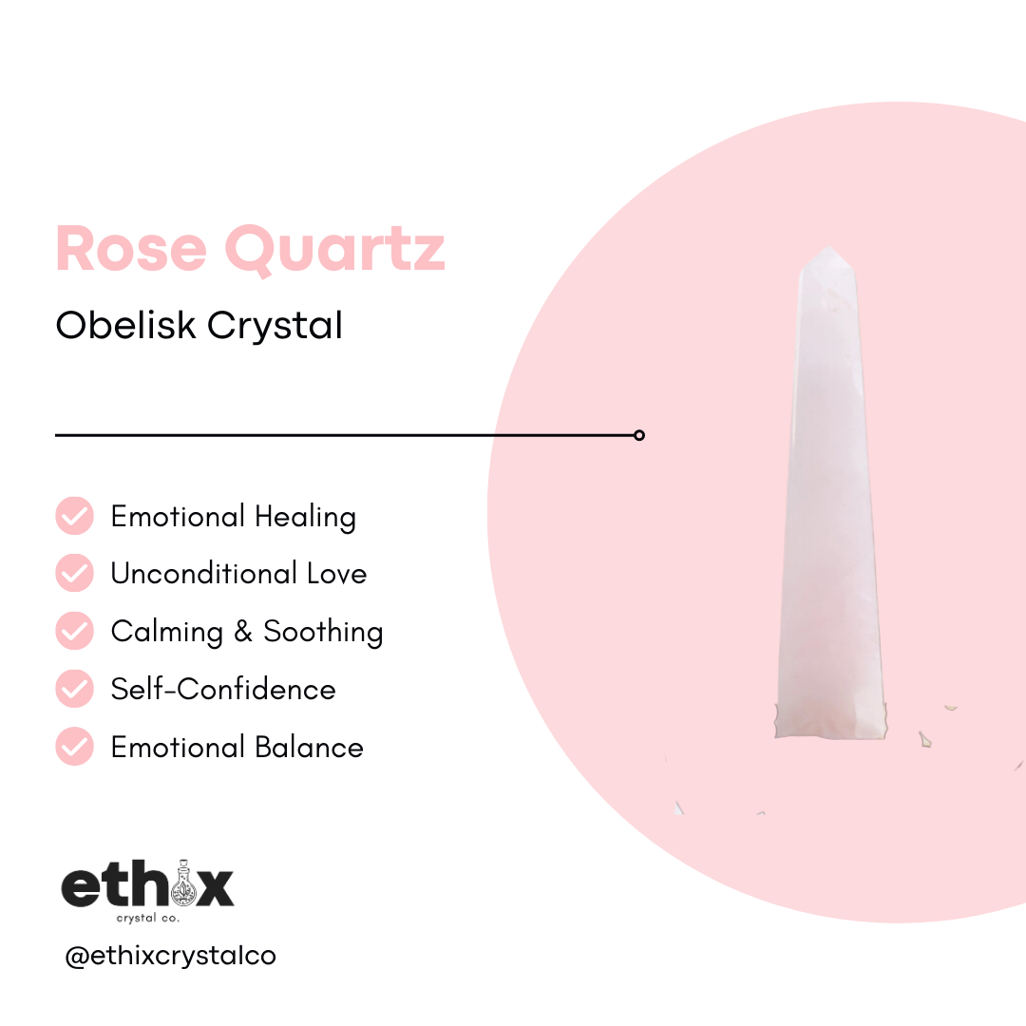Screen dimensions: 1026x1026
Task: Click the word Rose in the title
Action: point(131,248)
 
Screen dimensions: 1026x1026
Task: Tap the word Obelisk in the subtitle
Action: point(126,326)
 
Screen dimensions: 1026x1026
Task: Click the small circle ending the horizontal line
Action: point(639,435)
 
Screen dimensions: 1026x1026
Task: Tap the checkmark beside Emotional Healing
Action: point(74,516)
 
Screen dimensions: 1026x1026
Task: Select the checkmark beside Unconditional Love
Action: point(74,574)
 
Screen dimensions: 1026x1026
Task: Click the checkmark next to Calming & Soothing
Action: point(74,631)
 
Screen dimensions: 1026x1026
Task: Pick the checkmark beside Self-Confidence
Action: point(74,689)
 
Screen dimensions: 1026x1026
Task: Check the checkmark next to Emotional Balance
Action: point(74,747)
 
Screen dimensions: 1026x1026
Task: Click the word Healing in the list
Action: point(305,518)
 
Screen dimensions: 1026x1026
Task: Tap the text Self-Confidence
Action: point(223,689)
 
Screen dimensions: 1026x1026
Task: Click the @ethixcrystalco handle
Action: point(170,955)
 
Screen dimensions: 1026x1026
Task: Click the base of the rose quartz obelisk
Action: point(831,722)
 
